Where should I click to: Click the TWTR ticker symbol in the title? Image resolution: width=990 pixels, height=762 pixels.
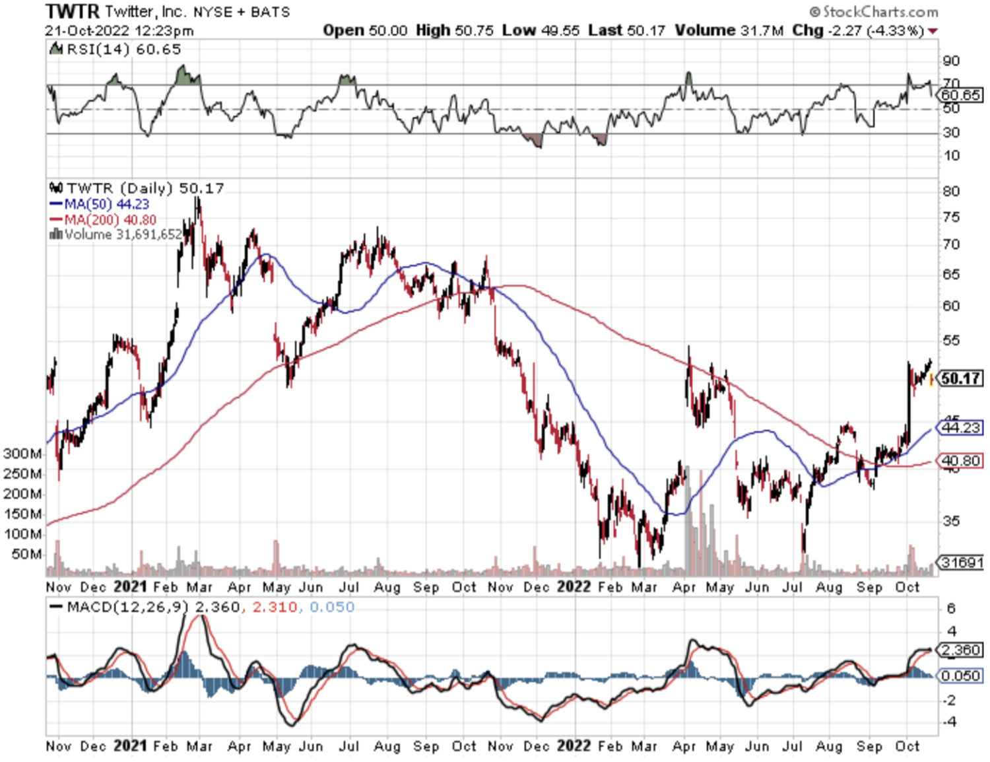click(x=73, y=11)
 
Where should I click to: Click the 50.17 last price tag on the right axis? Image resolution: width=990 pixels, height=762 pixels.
click(x=961, y=378)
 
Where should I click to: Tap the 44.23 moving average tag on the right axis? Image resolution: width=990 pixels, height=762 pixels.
click(x=961, y=428)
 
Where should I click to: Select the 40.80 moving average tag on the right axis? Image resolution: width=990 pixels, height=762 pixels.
click(x=961, y=460)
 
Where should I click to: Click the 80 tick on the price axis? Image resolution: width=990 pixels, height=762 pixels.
click(x=951, y=191)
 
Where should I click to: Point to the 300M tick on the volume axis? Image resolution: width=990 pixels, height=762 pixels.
click(x=22, y=454)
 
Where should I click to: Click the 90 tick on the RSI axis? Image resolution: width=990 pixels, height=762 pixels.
click(x=951, y=61)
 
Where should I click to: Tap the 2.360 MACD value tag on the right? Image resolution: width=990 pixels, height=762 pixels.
click(x=961, y=650)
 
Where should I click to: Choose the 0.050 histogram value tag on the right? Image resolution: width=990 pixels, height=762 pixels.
click(x=961, y=675)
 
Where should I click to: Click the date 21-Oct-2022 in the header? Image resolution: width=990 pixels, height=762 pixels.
click(x=87, y=31)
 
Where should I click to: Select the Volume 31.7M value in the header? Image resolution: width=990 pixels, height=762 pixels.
click(x=729, y=30)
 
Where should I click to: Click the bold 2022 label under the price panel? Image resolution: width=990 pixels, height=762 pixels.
click(x=574, y=587)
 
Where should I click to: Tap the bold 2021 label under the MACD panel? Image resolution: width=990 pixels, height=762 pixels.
click(x=130, y=745)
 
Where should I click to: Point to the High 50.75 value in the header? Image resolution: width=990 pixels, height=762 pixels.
click(x=455, y=30)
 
